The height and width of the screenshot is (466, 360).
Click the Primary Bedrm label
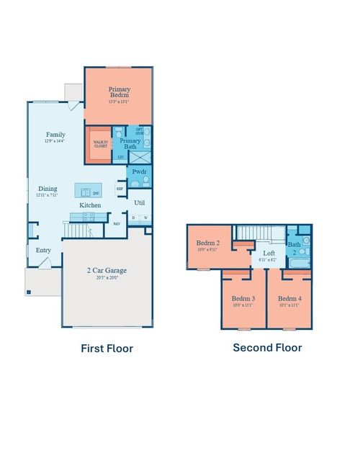click(119, 92)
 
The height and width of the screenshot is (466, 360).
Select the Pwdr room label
click(139, 174)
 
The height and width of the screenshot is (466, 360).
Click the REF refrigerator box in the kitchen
click(120, 189)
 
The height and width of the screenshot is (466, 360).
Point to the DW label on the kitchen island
click(95, 192)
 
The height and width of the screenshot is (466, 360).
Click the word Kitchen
click(90, 206)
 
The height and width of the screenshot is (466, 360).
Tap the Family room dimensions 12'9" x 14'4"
click(55, 142)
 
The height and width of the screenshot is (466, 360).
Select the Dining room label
click(48, 189)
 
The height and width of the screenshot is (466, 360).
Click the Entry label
click(44, 251)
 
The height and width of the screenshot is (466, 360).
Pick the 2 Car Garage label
click(107, 271)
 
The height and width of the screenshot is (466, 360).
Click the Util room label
click(140, 203)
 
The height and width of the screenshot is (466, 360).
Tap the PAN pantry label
click(117, 223)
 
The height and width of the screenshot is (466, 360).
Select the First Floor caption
click(107, 349)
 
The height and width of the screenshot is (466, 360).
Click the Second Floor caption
click(267, 347)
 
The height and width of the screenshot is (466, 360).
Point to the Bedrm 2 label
click(208, 243)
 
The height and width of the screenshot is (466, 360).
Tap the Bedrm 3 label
click(243, 298)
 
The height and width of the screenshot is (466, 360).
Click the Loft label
click(269, 254)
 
